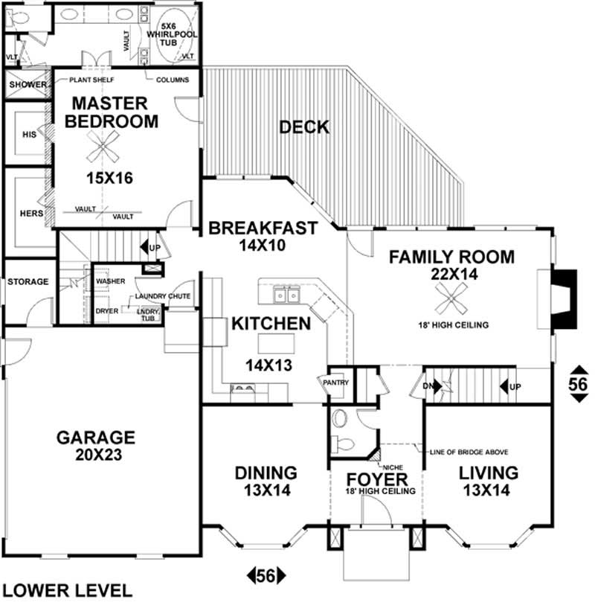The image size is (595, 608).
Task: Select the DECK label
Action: tap(303, 127)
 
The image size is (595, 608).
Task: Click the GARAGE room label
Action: tap(96, 437)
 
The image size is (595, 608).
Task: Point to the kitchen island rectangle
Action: tap(277, 343)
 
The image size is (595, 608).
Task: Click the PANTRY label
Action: tap(331, 381)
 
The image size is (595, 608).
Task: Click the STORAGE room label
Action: tap(28, 282)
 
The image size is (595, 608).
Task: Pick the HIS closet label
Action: tap(29, 135)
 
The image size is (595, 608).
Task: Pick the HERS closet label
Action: tap(27, 213)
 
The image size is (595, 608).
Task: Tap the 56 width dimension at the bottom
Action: tap(266, 575)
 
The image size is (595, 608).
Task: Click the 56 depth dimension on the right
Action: tap(578, 384)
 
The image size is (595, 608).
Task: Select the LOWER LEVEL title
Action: tap(68, 591)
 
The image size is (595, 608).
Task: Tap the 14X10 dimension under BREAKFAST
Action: tap(263, 244)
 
